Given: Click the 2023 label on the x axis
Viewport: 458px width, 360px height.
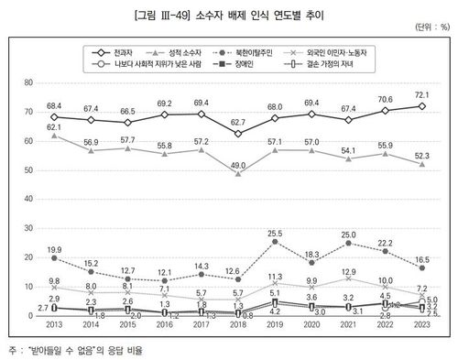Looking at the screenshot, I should (421, 324).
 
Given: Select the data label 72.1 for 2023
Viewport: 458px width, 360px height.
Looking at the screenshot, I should (421, 94).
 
